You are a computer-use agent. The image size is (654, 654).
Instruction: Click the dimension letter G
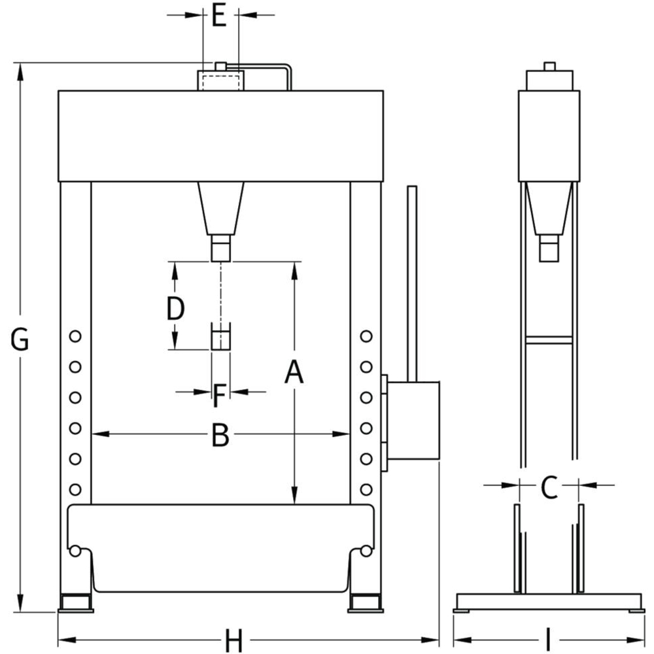(x=20, y=339)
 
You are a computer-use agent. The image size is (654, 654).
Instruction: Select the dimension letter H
(x=234, y=641)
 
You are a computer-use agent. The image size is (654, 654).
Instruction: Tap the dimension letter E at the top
(x=219, y=16)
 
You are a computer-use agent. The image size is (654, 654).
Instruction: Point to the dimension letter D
(x=175, y=309)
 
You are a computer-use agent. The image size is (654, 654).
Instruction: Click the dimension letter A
(x=294, y=372)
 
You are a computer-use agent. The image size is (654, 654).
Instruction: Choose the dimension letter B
(x=220, y=435)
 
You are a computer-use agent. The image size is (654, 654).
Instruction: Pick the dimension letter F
(x=219, y=396)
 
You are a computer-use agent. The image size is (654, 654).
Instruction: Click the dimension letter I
(x=549, y=640)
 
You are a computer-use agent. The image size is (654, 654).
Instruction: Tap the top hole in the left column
(x=75, y=336)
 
